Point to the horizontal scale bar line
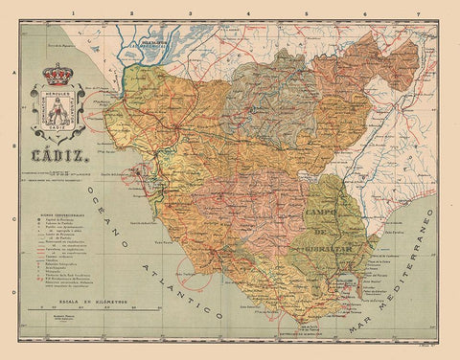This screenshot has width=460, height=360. (91, 309)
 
